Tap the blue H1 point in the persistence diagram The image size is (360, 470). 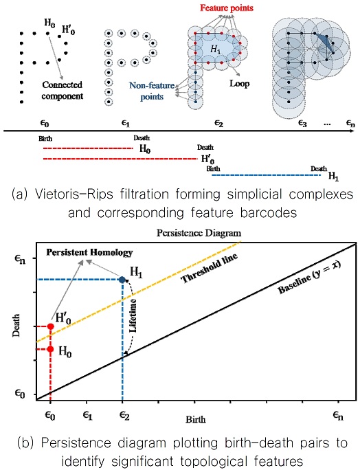(122, 280)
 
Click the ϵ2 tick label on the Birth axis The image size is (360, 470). (122, 415)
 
